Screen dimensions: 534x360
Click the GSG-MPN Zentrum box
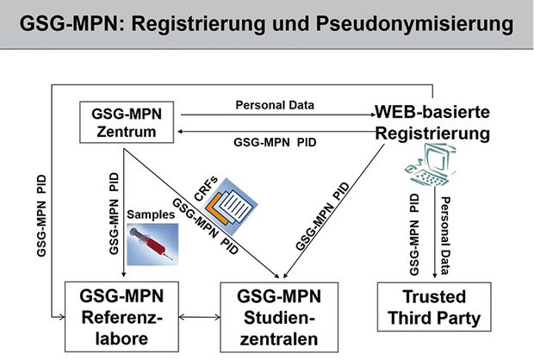tap(127, 122)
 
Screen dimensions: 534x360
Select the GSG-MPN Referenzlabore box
tap(122, 317)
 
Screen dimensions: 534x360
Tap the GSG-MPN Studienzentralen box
tap(279, 317)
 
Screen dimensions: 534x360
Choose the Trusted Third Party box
tap(434, 307)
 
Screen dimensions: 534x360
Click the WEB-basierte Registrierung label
tap(432, 122)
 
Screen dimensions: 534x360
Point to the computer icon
tap(431, 165)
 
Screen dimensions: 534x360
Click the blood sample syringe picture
tap(152, 245)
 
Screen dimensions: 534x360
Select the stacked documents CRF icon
tap(231, 207)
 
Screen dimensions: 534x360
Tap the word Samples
tap(151, 214)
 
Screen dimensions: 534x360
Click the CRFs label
tap(206, 189)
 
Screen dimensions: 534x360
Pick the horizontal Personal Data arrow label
tap(275, 105)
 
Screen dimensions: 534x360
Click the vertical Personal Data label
tap(445, 236)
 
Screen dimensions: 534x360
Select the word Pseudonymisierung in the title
tap(414, 24)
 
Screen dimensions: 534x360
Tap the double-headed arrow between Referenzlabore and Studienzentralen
tap(200, 318)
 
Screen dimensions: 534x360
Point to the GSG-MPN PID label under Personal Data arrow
tap(275, 142)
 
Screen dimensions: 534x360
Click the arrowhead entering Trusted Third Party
tap(435, 275)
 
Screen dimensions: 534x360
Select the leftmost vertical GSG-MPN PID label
tap(41, 216)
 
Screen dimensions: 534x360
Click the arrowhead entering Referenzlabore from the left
tap(61, 317)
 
